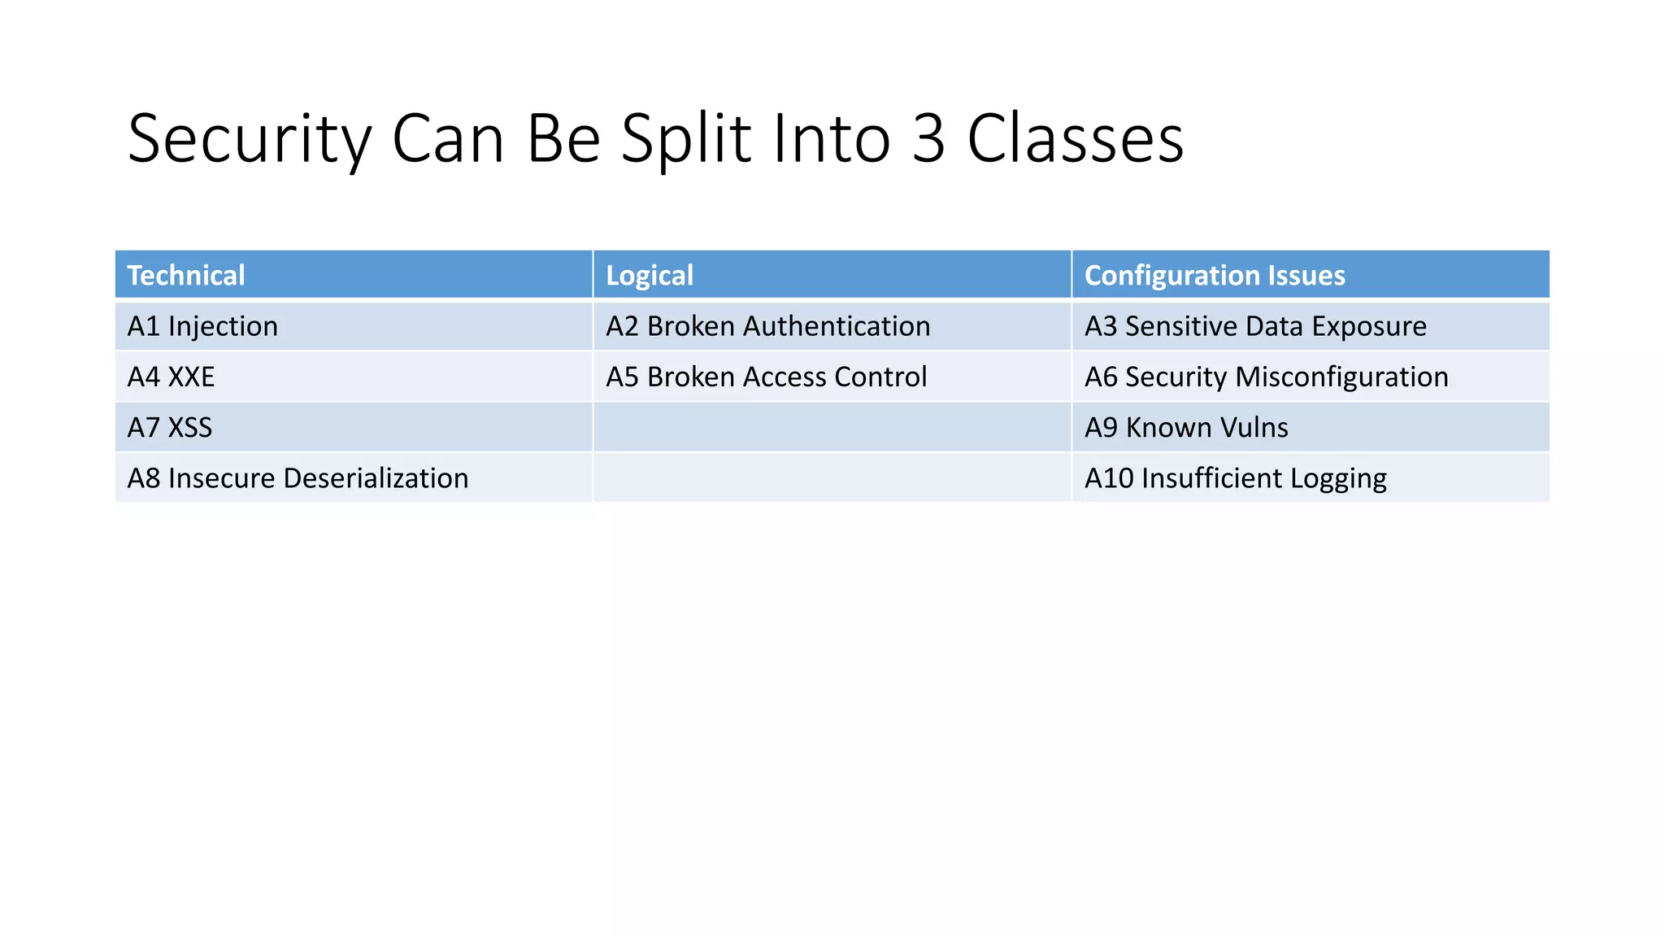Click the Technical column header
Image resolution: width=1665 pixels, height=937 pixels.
pos(186,275)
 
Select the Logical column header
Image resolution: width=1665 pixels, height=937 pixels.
pos(650,275)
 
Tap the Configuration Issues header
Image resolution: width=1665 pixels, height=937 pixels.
pos(1215,275)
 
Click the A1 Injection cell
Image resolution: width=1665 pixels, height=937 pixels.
pos(202,326)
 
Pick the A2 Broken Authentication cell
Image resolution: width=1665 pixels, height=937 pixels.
pos(767,326)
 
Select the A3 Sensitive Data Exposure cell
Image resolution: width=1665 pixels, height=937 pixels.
pos(1255,326)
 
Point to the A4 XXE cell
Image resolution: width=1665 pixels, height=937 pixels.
pos(171,377)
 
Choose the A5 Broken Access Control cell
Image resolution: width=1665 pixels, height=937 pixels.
pos(766,377)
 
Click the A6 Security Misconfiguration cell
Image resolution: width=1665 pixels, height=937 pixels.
pos(1266,377)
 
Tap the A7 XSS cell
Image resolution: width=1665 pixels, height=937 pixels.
pos(169,428)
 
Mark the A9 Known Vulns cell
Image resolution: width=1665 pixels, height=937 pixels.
pos(1186,428)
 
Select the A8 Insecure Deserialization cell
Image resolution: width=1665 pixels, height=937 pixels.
pos(298,478)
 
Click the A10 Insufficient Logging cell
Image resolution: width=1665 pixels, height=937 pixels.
pos(1235,478)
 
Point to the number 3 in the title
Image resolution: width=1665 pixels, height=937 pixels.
pos(928,138)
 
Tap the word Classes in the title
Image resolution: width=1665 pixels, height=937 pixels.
pos(1075,138)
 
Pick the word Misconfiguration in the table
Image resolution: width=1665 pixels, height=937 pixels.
pos(1341,377)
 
